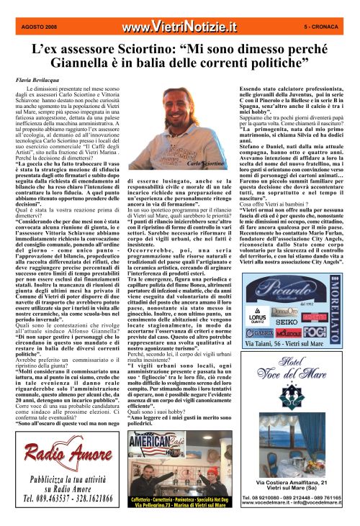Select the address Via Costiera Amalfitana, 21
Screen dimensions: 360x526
[297, 481]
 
